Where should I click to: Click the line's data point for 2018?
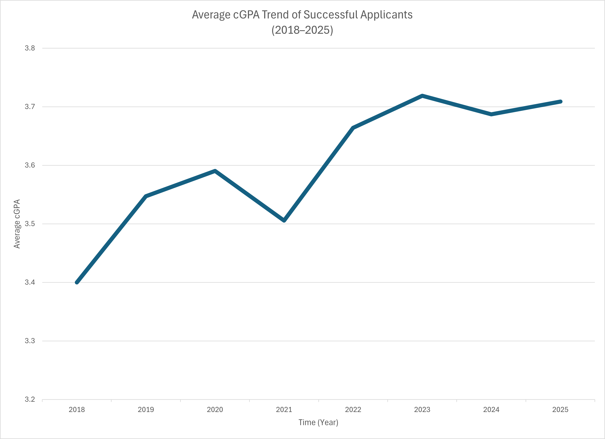[77, 282]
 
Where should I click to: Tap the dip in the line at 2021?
[284, 220]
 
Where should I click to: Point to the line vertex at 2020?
[215, 171]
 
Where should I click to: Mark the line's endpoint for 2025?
[561, 102]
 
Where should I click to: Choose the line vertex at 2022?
[353, 128]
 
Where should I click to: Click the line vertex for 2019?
[146, 196]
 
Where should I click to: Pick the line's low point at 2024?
[491, 114]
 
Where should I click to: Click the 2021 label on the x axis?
[284, 410]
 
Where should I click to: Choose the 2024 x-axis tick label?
[491, 410]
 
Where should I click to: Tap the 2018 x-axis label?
[77, 410]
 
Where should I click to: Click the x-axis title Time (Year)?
[318, 422]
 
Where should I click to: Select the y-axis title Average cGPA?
[17, 224]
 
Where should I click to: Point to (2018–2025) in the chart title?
[302, 30]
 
